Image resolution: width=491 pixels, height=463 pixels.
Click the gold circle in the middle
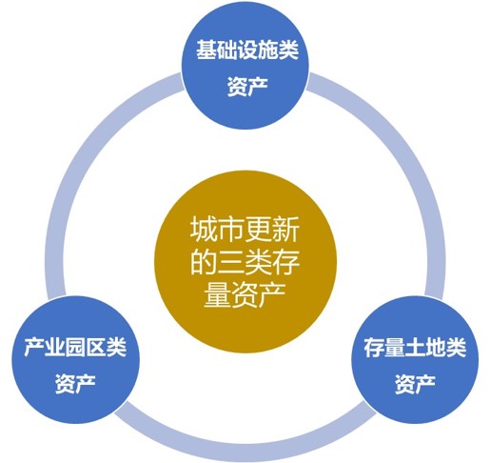(245, 262)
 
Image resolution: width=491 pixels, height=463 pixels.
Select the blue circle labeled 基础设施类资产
(245, 65)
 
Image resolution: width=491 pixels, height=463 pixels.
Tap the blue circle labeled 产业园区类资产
(75, 360)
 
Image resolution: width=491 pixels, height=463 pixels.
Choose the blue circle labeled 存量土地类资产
(415, 360)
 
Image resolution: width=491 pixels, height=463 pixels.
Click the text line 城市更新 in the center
(245, 230)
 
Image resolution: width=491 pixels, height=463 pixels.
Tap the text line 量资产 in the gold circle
(245, 295)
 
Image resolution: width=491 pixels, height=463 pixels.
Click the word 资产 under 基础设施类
(247, 86)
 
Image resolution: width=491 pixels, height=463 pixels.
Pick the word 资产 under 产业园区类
(75, 383)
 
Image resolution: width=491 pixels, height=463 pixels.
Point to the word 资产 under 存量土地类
(415, 383)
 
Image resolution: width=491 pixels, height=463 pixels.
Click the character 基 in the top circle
(206, 50)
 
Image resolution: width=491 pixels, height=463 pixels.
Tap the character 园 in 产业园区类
(75, 348)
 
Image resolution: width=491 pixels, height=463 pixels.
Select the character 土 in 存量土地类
(415, 348)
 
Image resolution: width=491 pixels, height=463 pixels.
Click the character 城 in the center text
(204, 230)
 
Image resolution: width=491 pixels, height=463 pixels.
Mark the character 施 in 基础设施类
(268, 50)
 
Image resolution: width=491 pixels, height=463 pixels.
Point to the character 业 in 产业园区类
(55, 348)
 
